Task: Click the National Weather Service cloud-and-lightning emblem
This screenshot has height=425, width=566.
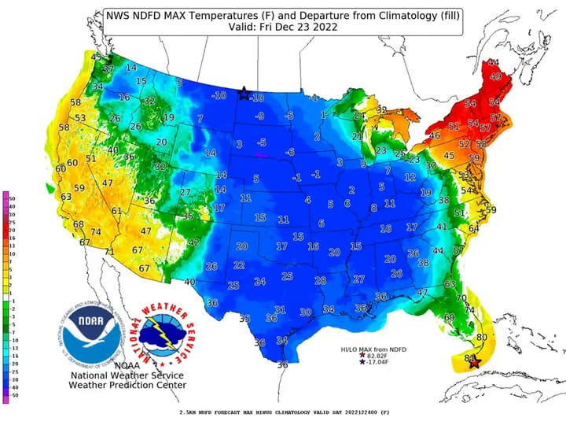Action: pyautogui.click(x=167, y=330)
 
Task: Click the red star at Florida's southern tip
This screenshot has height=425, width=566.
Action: pyautogui.click(x=473, y=362)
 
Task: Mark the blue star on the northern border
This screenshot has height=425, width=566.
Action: pyautogui.click(x=244, y=94)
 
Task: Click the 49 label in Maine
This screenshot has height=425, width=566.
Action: pyautogui.click(x=495, y=77)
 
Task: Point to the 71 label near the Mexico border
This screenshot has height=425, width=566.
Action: pyautogui.click(x=110, y=252)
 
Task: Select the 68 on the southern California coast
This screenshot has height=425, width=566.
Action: pyautogui.click(x=79, y=224)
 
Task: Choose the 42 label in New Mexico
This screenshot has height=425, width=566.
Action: pyautogui.click(x=193, y=242)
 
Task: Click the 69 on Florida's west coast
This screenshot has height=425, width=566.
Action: pyautogui.click(x=450, y=317)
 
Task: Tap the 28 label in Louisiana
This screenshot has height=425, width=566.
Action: pyautogui.click(x=320, y=281)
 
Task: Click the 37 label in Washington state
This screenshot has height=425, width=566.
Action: pyautogui.click(x=108, y=69)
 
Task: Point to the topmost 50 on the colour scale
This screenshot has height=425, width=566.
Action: pyautogui.click(x=13, y=198)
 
